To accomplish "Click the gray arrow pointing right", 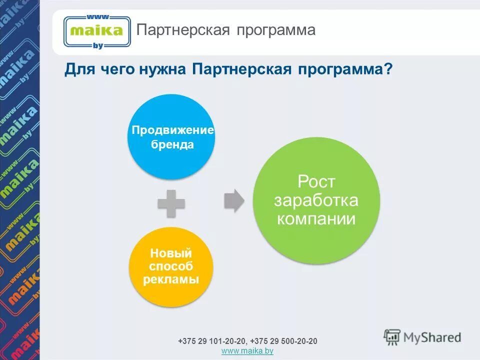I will (234, 200).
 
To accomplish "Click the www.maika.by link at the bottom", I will (247, 351).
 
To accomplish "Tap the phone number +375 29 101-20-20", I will (212, 341).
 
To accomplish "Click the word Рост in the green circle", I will (316, 181).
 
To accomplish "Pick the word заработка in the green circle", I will (316, 200).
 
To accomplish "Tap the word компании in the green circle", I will (316, 218).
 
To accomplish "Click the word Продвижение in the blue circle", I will (172, 131).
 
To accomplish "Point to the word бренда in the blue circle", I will (172, 145).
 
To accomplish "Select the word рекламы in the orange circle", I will (171, 279).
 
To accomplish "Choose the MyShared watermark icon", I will (393, 337).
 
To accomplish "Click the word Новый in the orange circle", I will (171, 253).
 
